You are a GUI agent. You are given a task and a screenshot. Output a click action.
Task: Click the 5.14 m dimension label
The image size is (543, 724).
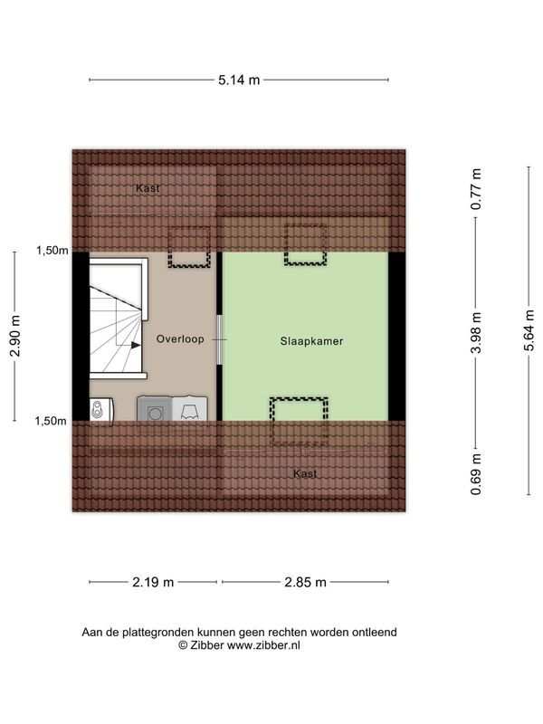point(239,80)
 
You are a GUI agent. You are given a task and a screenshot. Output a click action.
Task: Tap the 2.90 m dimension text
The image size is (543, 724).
point(15,336)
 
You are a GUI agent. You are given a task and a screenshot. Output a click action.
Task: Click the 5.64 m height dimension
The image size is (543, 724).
point(529,331)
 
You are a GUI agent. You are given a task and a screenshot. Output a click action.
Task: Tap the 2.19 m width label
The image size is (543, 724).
point(154,582)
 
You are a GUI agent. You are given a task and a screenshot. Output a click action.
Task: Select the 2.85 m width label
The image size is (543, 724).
point(306,582)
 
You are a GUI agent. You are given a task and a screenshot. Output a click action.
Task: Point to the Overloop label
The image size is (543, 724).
point(180,339)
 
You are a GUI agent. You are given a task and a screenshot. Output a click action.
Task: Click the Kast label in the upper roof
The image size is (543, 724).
point(148,188)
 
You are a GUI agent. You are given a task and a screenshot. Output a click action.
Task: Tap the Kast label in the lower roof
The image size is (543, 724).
point(305,473)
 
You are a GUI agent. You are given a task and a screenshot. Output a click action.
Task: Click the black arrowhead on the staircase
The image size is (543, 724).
point(135,345)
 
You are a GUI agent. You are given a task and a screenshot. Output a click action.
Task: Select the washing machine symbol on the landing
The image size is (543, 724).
point(153,410)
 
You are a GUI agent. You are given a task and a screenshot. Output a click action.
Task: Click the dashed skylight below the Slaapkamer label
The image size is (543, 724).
point(300,422)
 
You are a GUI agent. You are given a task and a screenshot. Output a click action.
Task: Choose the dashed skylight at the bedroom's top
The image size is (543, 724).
point(305,244)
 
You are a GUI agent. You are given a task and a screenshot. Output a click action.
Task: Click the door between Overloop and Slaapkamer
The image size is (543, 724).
point(217,339)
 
